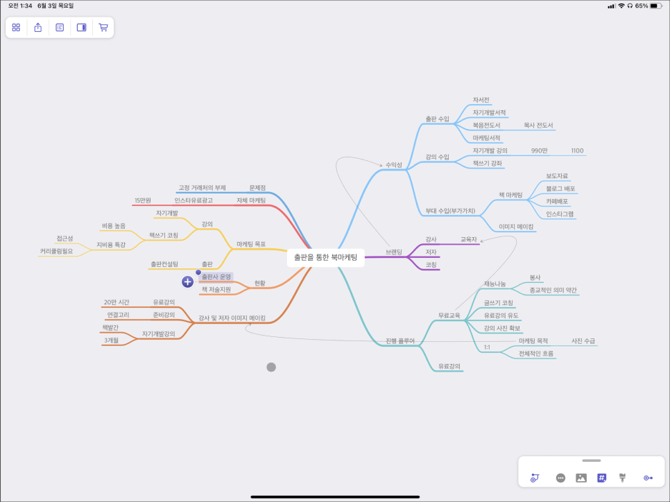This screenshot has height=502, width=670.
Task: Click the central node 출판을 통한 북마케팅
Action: point(325,257)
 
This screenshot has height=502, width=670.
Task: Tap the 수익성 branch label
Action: point(393,165)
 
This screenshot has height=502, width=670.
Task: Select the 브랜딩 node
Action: point(393,252)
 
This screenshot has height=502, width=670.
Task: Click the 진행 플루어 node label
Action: point(400,341)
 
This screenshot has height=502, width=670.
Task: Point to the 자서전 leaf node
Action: point(481,100)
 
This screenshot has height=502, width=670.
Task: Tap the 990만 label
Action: point(540,150)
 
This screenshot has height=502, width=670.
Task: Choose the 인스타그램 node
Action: point(560,214)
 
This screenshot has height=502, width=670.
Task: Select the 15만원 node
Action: point(143,200)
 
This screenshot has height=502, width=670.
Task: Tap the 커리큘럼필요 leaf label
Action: point(56,251)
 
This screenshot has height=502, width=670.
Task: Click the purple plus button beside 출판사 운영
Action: point(187,282)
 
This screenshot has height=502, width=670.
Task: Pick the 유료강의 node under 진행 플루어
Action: point(449,366)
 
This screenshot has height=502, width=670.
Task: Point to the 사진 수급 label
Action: point(583,341)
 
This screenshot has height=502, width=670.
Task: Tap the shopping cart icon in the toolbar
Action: point(103,28)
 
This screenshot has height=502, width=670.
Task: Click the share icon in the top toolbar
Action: point(38,28)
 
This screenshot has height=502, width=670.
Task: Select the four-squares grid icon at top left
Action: point(16,28)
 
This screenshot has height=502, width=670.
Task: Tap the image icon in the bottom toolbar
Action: point(581,478)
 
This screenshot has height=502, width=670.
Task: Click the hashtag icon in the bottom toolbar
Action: point(601,478)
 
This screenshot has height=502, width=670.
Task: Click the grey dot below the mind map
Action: point(271,367)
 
